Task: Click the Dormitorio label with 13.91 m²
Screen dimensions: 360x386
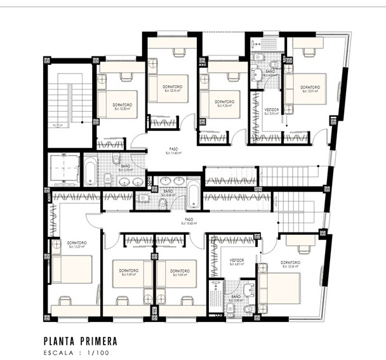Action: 309,88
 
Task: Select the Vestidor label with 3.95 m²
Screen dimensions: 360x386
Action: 271,111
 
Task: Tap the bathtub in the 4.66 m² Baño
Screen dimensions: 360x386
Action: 193,194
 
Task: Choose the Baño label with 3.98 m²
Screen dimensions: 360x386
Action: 236,298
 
